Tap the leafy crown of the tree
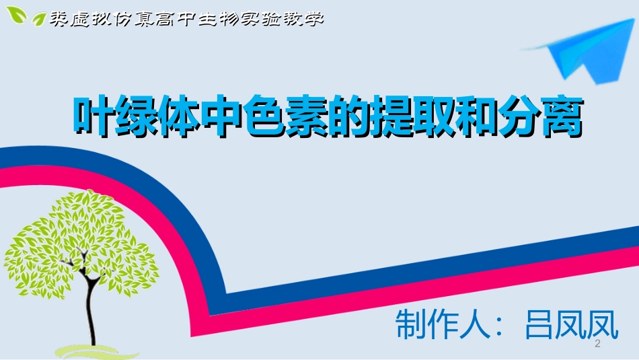click(81, 242)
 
